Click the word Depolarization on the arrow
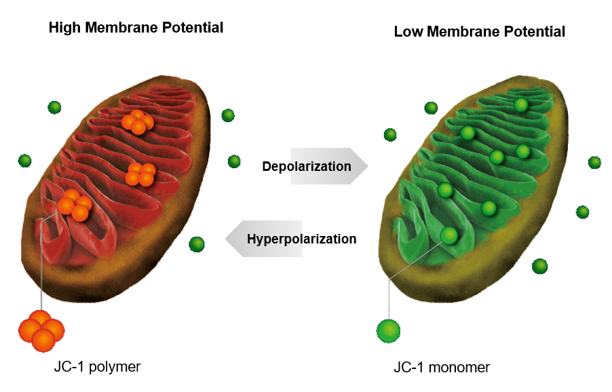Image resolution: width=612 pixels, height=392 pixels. [307, 167]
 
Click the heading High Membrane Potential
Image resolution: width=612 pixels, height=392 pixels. [136, 28]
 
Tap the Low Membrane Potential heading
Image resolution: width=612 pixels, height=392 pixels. [479, 31]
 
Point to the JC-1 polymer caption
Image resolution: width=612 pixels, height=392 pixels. [97, 367]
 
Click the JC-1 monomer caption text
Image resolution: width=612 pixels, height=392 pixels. [441, 368]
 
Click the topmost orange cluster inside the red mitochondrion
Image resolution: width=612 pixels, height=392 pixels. [138, 122]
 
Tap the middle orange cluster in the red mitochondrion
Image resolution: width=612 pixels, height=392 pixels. [140, 174]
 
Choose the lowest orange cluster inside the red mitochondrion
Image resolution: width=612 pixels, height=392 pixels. [74, 205]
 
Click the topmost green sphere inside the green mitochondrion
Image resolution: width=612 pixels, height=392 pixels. [520, 105]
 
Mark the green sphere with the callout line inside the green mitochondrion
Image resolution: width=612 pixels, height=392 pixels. [449, 235]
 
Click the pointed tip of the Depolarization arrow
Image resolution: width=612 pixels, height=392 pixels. [367, 166]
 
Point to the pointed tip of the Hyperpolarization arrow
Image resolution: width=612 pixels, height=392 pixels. [227, 239]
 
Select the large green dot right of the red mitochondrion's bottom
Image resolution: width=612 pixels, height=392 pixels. [197, 243]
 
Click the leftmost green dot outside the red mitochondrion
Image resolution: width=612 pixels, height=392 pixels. [24, 161]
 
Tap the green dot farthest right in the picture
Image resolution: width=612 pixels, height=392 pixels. [594, 162]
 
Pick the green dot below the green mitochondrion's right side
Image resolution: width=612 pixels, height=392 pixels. [539, 266]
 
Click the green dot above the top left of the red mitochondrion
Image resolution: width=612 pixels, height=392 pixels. [54, 106]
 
